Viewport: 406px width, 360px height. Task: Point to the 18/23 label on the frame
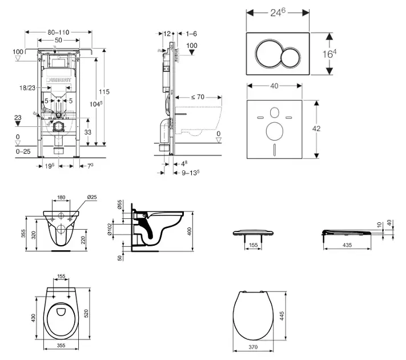coord(27,88)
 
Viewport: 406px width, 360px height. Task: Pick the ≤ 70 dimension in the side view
coord(198,97)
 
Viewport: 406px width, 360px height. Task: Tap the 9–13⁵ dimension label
coord(192,171)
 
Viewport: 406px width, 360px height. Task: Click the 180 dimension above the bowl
coord(62,198)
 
